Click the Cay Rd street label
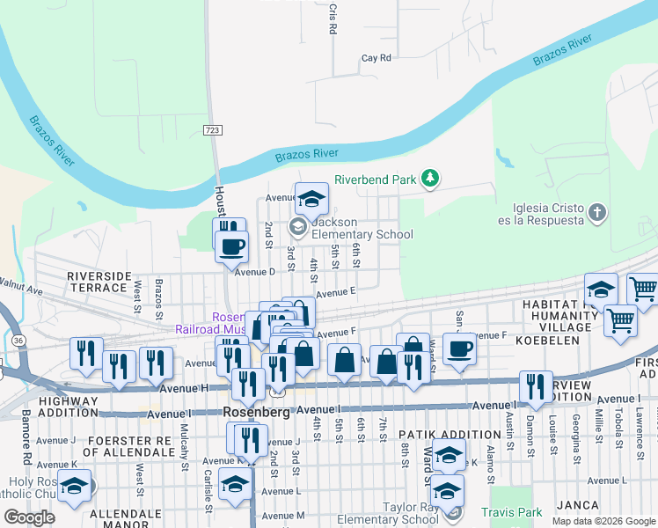tap(376, 58)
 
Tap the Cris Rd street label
tap(333, 18)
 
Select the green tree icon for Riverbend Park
tap(429, 180)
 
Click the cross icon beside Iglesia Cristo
tap(597, 212)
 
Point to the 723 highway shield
tap(212, 130)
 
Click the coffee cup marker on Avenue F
tap(458, 348)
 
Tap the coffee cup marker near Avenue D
tap(232, 246)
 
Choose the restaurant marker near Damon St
tap(536, 385)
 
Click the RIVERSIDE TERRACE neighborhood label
tap(98, 282)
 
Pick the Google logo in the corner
tap(30, 517)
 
